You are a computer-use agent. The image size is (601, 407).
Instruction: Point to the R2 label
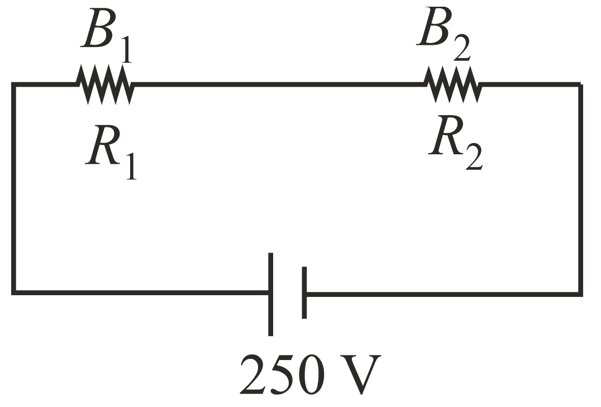455,143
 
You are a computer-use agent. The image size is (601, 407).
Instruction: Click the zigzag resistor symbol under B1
105,85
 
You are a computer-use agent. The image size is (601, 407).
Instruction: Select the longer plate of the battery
271,294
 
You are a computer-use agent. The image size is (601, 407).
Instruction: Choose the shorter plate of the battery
304,293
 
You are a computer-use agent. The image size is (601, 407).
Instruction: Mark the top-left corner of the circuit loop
14,85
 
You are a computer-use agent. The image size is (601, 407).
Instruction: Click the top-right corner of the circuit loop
580,85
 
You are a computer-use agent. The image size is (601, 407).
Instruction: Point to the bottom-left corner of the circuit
14,291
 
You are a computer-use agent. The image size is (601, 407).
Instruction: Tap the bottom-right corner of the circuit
580,292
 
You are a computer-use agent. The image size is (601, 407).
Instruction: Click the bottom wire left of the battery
140,291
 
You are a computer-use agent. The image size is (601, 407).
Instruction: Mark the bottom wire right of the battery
441,292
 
